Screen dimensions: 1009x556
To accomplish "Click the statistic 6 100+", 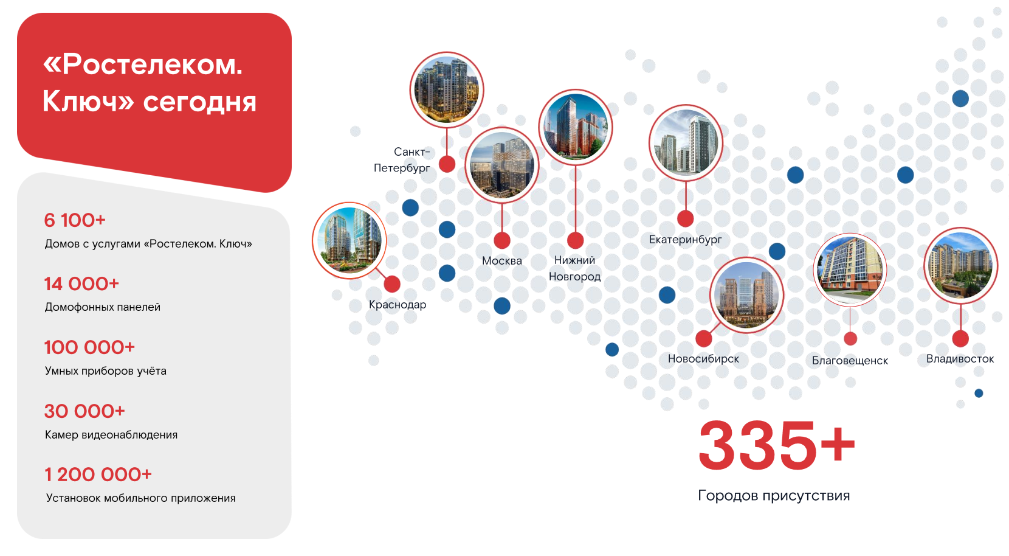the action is coord(75,220).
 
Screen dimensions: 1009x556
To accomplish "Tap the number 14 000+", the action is coord(81,283).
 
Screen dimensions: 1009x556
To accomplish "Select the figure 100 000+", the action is coord(89,347).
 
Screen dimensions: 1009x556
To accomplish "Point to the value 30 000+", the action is coord(84,411).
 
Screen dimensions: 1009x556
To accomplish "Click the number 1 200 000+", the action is coord(98,474).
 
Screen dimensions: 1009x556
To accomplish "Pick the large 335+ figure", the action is coord(777,445).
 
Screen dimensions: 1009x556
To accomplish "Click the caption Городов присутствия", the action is coord(774,496).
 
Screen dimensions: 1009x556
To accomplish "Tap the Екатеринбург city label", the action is coord(685,240).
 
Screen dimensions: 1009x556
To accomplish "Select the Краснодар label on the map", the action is coord(398,305).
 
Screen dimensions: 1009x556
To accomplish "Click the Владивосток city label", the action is coord(960,359).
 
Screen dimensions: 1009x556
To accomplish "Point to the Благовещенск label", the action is coord(850,360).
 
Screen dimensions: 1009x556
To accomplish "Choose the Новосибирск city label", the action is coord(703,359).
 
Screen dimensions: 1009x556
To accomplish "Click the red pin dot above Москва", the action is coord(502,240).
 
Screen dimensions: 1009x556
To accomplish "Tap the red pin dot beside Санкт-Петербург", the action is coord(447,164).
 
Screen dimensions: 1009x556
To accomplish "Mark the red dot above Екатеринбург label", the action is coord(685,219).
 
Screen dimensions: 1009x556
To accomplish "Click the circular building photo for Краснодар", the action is coord(349,240).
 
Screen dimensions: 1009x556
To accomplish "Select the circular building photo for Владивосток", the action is coord(960,265).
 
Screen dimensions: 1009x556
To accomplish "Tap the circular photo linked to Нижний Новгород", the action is coord(575,127).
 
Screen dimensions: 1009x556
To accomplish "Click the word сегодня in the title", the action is coord(199,102).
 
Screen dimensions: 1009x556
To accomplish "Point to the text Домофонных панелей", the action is coord(102,307).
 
